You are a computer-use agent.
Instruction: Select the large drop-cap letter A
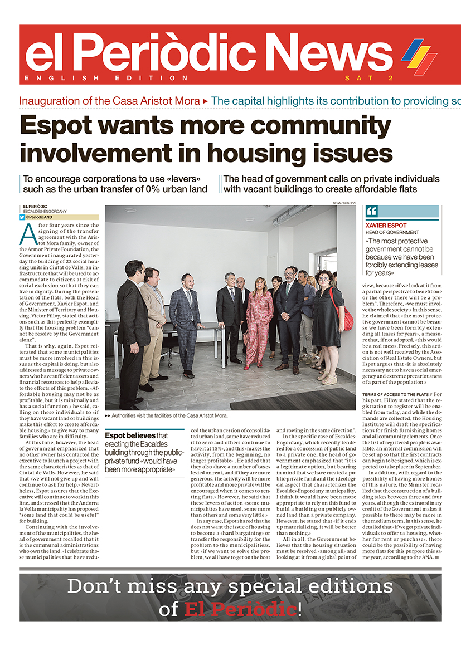pos(27,234)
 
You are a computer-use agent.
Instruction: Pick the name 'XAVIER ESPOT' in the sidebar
pos(386,226)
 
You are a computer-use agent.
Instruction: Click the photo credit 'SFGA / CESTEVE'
pos(344,203)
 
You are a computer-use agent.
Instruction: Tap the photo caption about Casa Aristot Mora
pos(169,415)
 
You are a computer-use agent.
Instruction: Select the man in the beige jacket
pos(153,323)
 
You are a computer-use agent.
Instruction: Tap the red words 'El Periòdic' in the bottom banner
pos(241,609)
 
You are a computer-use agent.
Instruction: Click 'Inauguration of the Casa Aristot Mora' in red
pos(109,101)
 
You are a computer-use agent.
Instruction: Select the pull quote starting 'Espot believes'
pos(144,453)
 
